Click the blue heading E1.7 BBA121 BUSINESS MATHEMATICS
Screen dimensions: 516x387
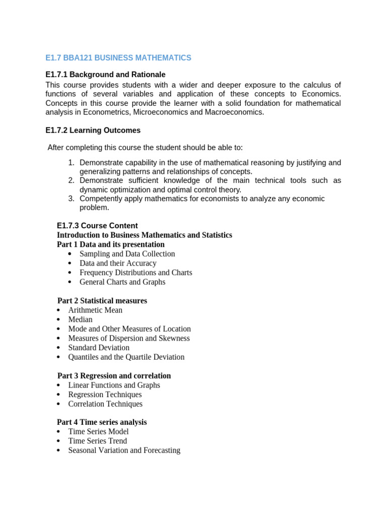click(118, 58)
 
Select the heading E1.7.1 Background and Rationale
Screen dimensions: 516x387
click(105, 75)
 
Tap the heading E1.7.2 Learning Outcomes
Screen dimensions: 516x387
click(93, 131)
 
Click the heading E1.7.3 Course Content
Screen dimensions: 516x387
click(97, 226)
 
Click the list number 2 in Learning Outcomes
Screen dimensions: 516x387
click(71, 180)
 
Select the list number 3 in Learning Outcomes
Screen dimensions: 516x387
click(71, 199)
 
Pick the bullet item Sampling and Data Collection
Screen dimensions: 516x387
click(127, 254)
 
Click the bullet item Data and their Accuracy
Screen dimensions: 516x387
click(118, 263)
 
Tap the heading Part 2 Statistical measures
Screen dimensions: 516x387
click(102, 301)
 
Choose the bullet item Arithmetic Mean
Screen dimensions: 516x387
click(95, 310)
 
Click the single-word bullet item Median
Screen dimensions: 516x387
click(81, 319)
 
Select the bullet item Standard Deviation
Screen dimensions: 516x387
click(99, 348)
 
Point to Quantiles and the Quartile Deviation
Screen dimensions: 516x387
click(126, 357)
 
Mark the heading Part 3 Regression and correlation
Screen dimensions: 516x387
click(114, 376)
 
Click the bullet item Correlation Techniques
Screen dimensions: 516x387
click(105, 404)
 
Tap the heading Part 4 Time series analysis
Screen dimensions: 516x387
click(102, 422)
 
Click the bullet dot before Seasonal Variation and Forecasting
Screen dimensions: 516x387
click(59, 450)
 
